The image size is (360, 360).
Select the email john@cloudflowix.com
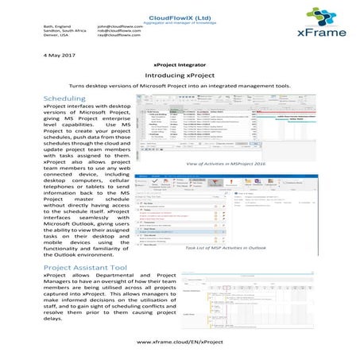(x=119, y=26)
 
